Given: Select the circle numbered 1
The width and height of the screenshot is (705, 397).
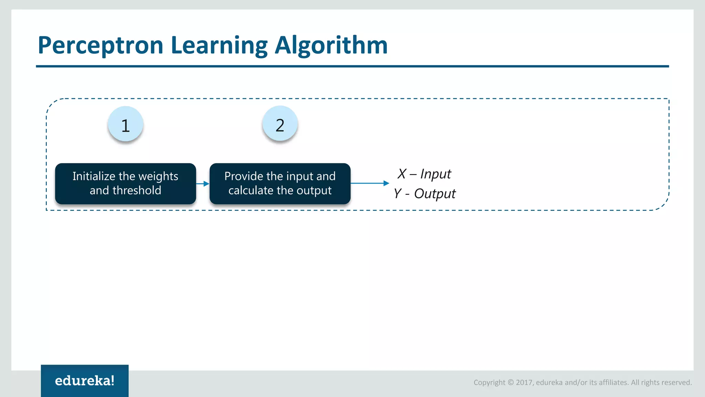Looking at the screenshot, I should pyautogui.click(x=125, y=124).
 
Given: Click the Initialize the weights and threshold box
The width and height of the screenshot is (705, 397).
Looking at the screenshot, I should pyautogui.click(x=125, y=183).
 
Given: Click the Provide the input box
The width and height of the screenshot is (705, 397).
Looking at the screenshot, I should pyautogui.click(x=280, y=183).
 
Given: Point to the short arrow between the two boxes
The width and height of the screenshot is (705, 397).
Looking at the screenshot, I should pyautogui.click(x=203, y=184).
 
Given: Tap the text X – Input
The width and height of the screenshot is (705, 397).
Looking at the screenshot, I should pyautogui.click(x=424, y=174).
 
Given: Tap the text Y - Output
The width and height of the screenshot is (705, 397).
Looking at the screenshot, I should pyautogui.click(x=424, y=194).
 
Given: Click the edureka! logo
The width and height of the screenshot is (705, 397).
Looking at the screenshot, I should pyautogui.click(x=85, y=380).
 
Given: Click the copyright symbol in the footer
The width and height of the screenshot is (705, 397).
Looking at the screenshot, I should pyautogui.click(x=511, y=383).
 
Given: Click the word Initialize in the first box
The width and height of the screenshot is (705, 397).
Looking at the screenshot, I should pyautogui.click(x=94, y=176).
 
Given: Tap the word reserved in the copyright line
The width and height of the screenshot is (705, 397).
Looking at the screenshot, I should pyautogui.click(x=676, y=383).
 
